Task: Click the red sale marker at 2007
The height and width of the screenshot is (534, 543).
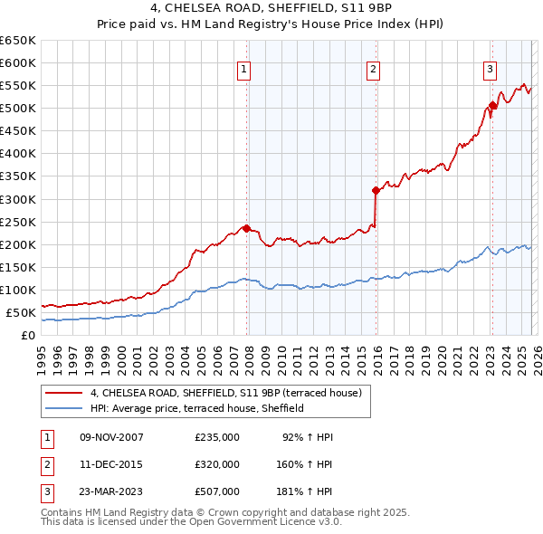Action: tap(246, 228)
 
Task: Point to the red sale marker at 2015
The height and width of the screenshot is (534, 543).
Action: tap(375, 190)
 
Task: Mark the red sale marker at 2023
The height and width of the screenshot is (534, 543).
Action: tap(492, 105)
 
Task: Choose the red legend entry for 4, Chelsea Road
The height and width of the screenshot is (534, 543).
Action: tap(226, 393)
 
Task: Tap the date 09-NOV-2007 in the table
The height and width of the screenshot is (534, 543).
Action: tap(111, 437)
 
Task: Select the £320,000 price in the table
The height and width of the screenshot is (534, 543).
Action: tap(217, 464)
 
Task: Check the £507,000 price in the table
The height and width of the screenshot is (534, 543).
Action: tap(217, 491)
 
